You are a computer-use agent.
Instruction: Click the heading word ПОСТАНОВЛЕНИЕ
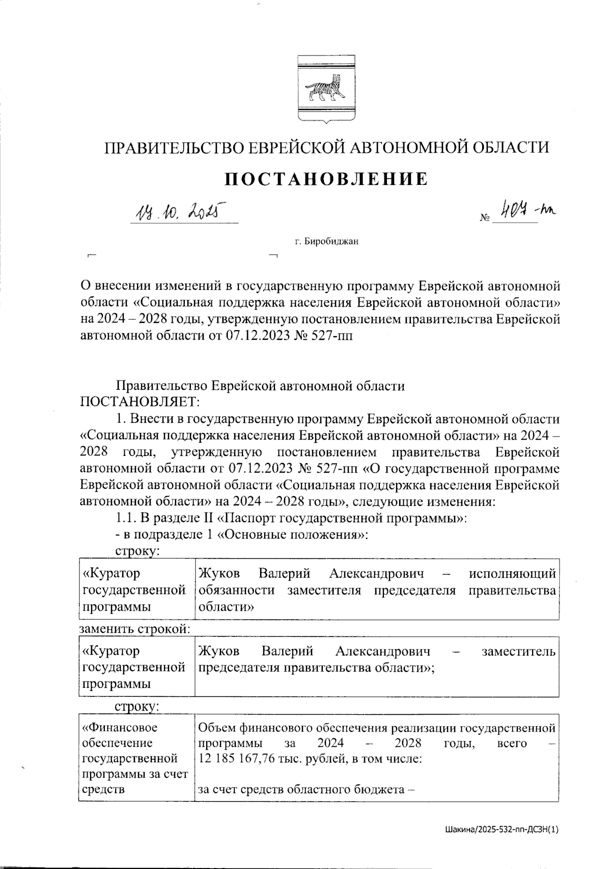coord(326,179)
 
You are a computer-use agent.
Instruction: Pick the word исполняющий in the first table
coord(512,574)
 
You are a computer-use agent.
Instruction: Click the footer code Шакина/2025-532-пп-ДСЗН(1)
coord(500,829)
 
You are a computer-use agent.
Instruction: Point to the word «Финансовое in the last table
coord(120,727)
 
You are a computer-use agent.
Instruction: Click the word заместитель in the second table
coord(518,651)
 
